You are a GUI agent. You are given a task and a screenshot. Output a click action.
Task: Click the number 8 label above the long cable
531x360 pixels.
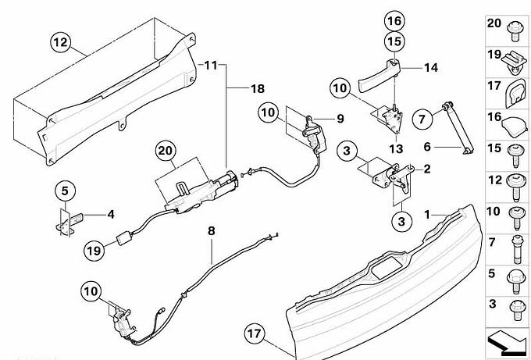(x=210, y=231)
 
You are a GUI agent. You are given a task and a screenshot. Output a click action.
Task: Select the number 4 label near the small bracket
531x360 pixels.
(x=110, y=212)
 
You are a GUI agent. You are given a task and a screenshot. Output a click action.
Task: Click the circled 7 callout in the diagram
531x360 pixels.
(x=422, y=119)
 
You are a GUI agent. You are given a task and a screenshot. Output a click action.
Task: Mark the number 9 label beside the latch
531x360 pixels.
(x=340, y=119)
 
